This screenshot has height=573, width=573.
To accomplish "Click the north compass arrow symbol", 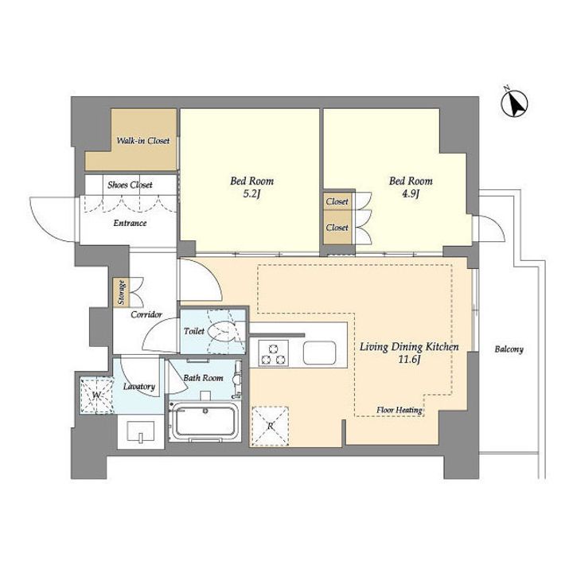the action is click(x=515, y=103).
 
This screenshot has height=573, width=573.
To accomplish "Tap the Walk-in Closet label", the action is click(x=143, y=141).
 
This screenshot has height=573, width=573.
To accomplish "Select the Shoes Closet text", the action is click(x=130, y=185).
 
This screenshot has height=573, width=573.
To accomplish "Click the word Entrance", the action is click(x=130, y=223).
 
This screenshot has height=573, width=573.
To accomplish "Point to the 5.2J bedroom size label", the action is click(x=251, y=193).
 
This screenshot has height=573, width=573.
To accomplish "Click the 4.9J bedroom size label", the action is click(x=411, y=193).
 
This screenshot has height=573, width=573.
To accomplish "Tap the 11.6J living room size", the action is click(x=409, y=360).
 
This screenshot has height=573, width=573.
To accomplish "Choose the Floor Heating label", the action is click(x=400, y=410).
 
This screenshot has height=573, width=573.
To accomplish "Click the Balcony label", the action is click(x=509, y=349).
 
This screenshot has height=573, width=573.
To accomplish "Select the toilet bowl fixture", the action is click(x=222, y=331).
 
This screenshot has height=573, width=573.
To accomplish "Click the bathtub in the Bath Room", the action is click(x=205, y=422).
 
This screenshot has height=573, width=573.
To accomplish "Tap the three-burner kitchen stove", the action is click(x=273, y=353).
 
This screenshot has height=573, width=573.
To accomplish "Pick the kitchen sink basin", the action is click(x=320, y=353).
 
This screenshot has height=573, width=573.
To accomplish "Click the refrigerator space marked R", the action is click(x=270, y=426).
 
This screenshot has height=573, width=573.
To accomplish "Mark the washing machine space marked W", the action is click(x=97, y=395).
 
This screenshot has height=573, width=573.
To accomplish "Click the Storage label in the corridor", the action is click(x=121, y=292).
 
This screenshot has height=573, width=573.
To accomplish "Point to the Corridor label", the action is click(x=146, y=314).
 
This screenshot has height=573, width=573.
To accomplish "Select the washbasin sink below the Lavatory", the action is click(x=141, y=431).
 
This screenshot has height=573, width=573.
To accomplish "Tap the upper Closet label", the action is click(x=337, y=201).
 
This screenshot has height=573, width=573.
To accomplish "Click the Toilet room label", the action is click(x=194, y=331).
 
